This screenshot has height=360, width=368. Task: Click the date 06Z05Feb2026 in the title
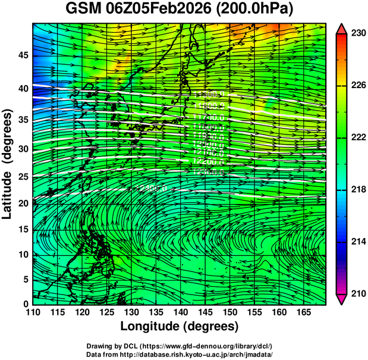(x=164, y=10)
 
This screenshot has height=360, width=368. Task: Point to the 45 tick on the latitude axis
(x=22, y=55)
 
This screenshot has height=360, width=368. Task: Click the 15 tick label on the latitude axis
(x=22, y=230)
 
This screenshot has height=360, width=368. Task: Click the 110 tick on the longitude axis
(x=33, y=313)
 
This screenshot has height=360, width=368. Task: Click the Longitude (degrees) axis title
(x=180, y=327)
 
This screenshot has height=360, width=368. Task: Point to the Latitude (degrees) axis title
(x=8, y=164)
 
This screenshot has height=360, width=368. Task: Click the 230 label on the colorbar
(x=357, y=33)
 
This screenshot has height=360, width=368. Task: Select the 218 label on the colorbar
(x=357, y=190)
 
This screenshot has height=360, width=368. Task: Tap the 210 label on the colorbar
(x=357, y=294)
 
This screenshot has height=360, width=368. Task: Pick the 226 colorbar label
(x=357, y=86)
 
